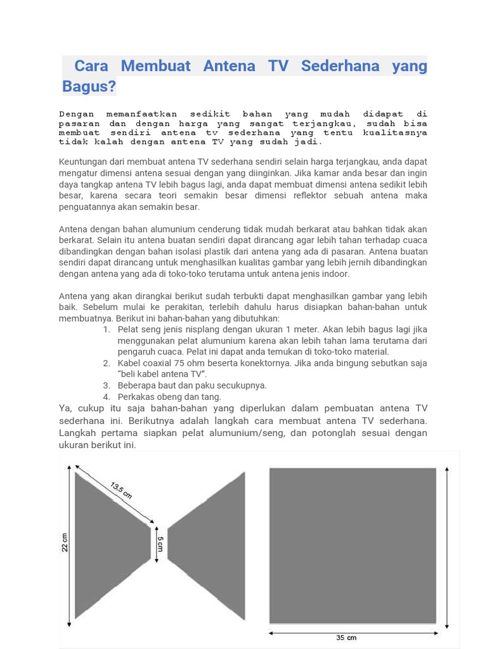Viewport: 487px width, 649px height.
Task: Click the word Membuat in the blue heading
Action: (x=155, y=66)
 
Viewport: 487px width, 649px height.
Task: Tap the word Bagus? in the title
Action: (x=89, y=86)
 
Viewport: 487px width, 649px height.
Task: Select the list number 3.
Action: (x=107, y=385)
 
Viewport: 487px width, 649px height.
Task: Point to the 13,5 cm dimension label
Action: (x=120, y=490)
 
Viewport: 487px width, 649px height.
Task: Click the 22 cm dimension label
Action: (x=65, y=543)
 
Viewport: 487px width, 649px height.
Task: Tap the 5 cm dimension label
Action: (x=160, y=544)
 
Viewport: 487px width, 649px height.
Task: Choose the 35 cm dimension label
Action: (x=346, y=638)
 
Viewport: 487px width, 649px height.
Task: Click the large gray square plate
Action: (x=353, y=545)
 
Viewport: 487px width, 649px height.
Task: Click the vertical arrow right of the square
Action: (x=448, y=545)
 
